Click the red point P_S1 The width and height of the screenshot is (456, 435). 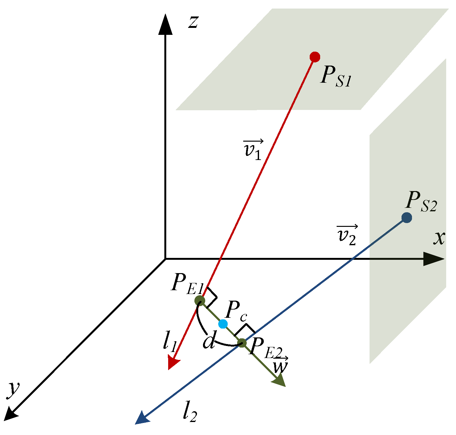315,57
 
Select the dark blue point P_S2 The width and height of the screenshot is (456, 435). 407,218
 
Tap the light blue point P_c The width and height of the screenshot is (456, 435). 223,324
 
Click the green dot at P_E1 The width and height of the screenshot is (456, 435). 200,300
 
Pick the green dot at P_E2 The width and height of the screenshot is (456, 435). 242,343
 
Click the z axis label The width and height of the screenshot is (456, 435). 193,22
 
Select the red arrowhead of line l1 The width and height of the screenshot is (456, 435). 173,362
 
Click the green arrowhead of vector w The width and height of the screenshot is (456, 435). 279,380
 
